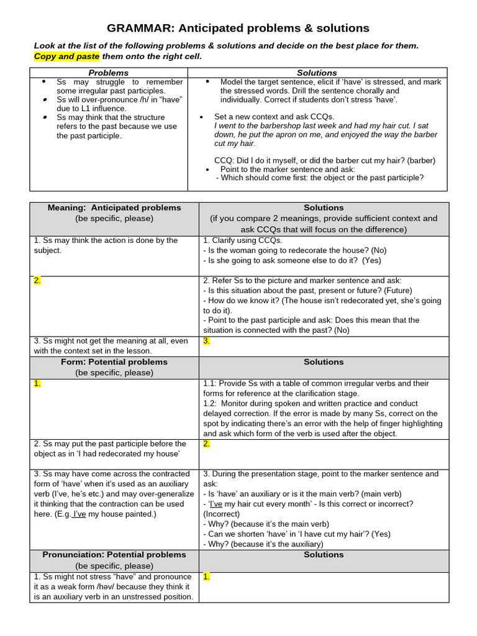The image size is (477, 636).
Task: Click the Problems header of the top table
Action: tap(109, 73)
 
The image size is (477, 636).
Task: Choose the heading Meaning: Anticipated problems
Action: tap(114, 207)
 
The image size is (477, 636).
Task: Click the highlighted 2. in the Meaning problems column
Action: tap(37, 280)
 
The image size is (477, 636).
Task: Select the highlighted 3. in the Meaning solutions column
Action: tap(207, 340)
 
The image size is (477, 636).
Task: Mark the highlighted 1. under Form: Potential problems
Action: tap(37, 383)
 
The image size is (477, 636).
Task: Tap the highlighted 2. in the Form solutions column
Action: tap(207, 443)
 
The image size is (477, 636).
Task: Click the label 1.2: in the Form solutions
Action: tap(211, 403)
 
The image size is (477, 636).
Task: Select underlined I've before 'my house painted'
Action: tap(79, 514)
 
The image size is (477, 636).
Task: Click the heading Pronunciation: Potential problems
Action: tap(114, 555)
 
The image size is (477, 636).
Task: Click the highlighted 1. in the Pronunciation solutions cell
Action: tap(207, 576)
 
